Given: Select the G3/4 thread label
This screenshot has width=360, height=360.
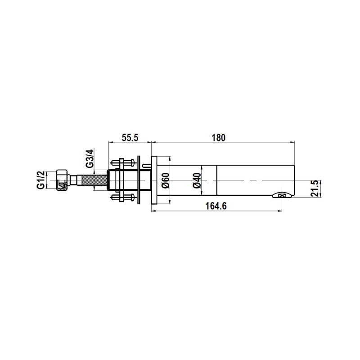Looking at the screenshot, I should [x=90, y=158].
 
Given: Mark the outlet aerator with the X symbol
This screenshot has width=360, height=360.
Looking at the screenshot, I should [x=282, y=195].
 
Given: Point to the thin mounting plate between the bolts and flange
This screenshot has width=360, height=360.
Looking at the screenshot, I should [x=141, y=180].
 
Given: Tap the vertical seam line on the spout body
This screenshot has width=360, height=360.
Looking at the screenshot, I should [x=217, y=180].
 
